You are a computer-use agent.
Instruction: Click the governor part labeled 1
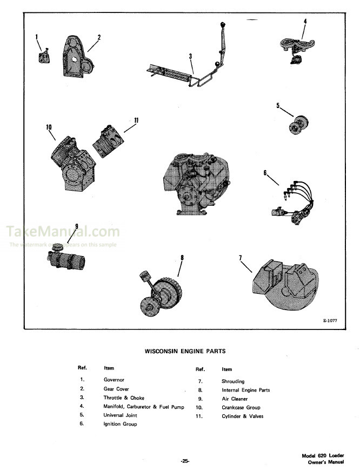tap(43, 56)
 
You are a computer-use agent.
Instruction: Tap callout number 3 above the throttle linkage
tap(190, 56)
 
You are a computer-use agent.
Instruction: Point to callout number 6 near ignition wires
tap(265, 172)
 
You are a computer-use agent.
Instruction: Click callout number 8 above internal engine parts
tap(182, 258)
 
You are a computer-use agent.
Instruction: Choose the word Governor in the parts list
tap(114, 380)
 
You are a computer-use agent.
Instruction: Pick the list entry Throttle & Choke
tap(124, 398)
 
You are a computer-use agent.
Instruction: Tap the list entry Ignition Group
tap(120, 424)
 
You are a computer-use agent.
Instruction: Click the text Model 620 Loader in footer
tap(323, 456)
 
